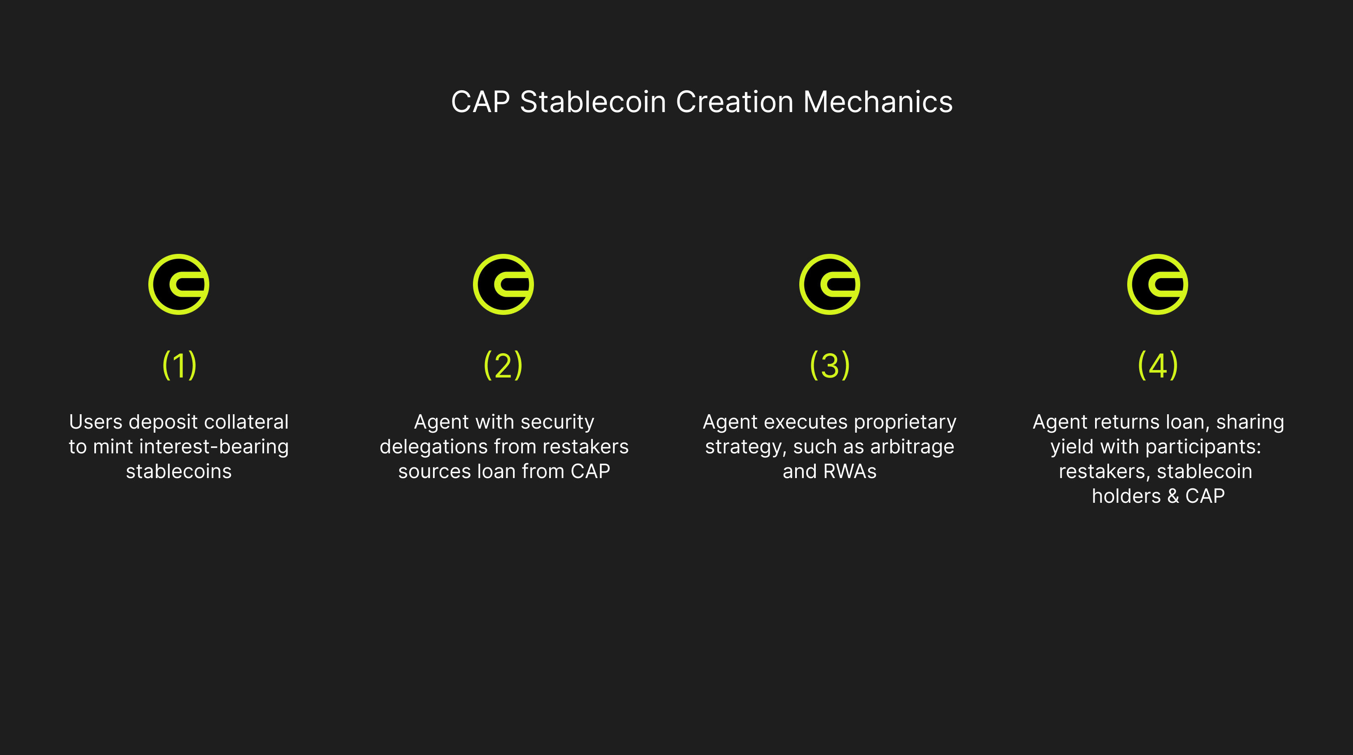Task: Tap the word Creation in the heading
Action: (x=734, y=101)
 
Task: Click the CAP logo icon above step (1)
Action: (x=178, y=284)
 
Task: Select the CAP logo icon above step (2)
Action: (x=503, y=284)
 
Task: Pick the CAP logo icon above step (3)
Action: (x=829, y=284)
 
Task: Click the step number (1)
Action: (x=179, y=365)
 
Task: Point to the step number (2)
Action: (x=503, y=365)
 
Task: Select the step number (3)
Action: (x=830, y=365)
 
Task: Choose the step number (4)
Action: (x=1158, y=365)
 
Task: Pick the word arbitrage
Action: (x=912, y=447)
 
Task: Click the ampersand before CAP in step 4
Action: (x=1173, y=496)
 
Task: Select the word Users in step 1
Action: (x=96, y=422)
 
